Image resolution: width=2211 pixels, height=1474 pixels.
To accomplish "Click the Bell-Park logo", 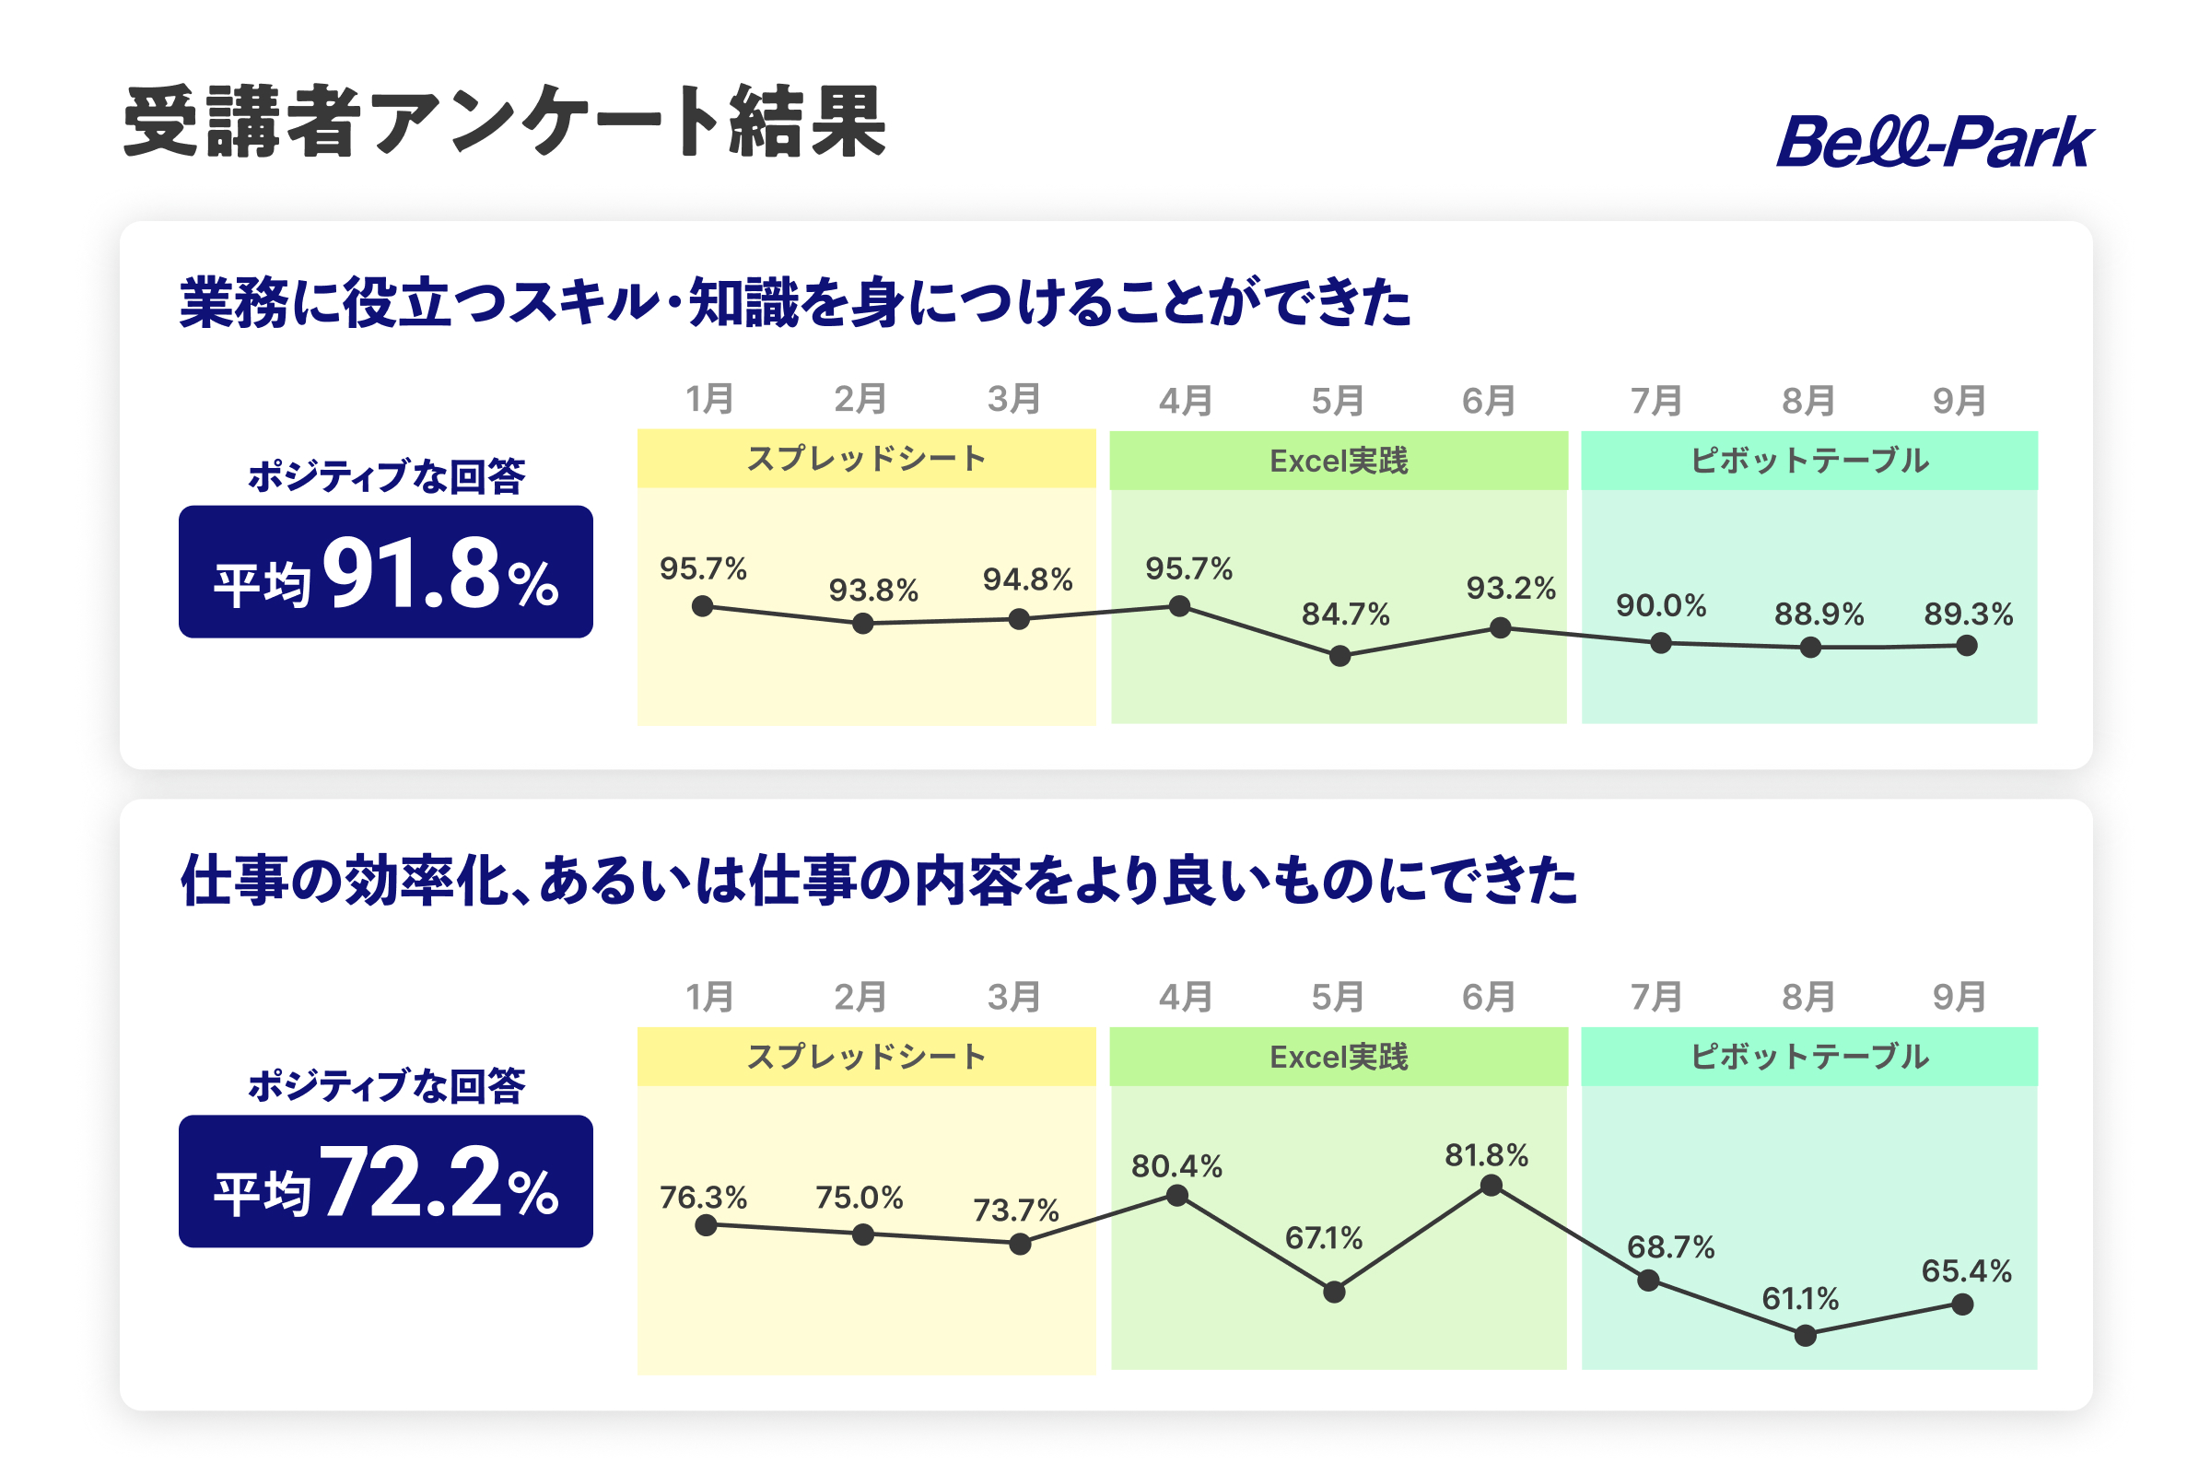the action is coord(1935,142).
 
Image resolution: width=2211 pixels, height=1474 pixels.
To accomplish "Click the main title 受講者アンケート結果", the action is coord(505,122).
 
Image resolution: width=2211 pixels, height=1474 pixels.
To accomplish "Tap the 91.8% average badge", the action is coord(385,571).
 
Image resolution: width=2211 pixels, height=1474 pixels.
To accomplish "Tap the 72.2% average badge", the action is coord(385,1182).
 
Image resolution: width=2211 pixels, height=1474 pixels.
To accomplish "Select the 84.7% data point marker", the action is coord(1340,656).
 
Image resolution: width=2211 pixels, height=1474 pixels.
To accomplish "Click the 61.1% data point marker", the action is coord(1805,1336).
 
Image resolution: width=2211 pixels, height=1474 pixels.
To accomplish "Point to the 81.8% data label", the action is coord(1486,1155).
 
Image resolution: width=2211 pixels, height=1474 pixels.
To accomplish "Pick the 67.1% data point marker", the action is coord(1334,1293).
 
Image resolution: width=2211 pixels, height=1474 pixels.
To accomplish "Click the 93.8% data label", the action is coord(873,591).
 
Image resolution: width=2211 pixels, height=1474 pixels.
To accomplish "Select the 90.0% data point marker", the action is coord(1661,643).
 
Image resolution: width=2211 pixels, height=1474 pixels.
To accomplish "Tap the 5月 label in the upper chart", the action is coord(1337,402).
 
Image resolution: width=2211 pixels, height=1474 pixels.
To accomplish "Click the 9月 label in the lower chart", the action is coord(1959,997).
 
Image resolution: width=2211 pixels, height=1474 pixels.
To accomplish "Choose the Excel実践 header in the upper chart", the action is coord(1339,461).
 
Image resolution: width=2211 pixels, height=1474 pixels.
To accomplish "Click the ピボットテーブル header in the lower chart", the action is coord(1809,1057).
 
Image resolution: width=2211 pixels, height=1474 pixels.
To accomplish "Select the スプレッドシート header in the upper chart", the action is coord(867,459).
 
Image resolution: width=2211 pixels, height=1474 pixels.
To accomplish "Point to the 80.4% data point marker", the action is coord(1177,1196).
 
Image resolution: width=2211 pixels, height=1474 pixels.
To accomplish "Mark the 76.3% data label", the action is coord(703,1198).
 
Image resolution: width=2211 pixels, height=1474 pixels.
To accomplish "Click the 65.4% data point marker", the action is coord(1963,1304).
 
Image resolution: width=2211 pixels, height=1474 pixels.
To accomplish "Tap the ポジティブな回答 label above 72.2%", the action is coord(386,1086).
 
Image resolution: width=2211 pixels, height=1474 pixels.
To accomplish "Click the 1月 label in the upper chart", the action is coord(709,400).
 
